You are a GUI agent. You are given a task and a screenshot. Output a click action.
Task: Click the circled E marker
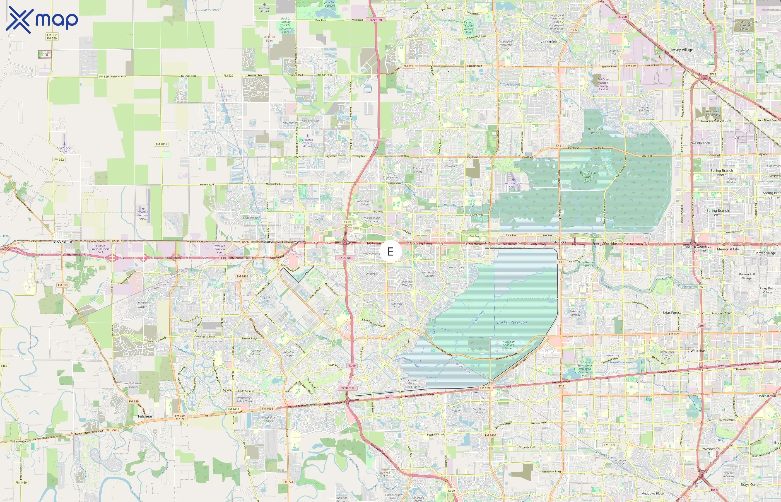390,251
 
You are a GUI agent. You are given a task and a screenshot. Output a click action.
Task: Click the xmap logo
42,20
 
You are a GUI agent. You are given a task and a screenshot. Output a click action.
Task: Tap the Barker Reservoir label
512,322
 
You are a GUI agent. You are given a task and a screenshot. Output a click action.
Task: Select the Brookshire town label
62,241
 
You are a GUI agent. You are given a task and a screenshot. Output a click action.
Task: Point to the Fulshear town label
145,416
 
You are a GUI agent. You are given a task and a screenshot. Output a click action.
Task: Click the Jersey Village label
682,50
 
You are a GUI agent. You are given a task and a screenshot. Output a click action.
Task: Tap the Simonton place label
21,441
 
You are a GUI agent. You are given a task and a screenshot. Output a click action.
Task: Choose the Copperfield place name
549,42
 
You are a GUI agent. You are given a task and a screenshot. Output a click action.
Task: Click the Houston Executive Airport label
143,215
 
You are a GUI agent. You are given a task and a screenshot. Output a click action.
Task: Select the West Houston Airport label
513,185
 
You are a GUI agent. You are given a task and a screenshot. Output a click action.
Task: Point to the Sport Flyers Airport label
64,149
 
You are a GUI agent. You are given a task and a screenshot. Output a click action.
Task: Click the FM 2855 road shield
161,144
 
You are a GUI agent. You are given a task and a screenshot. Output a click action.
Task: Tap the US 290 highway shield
622,17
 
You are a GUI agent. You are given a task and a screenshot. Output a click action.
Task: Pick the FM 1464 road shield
490,435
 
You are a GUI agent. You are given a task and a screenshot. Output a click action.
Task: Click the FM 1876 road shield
609,445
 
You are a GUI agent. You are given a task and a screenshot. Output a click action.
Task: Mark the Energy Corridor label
605,243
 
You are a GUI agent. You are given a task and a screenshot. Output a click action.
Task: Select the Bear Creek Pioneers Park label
588,176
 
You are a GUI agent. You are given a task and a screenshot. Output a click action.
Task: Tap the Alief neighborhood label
639,382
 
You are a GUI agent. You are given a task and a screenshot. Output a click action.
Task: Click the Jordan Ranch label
143,305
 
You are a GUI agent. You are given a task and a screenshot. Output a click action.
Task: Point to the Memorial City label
728,249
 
